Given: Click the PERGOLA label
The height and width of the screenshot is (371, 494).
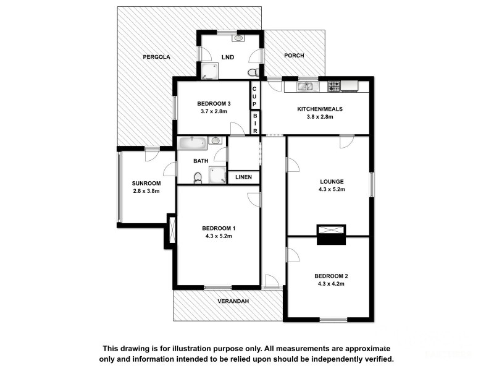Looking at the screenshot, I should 156,57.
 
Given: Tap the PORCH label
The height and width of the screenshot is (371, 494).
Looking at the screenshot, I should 293,56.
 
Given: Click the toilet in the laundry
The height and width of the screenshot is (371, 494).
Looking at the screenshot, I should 253,73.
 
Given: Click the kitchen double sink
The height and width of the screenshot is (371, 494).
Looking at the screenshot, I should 305,87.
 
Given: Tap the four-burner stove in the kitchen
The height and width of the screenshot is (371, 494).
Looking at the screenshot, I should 334,87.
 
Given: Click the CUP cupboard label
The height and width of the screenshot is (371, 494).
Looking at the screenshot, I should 254,96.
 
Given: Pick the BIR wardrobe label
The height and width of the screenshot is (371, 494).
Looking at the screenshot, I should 254,123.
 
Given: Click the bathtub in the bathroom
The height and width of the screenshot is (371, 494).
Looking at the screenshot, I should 194,143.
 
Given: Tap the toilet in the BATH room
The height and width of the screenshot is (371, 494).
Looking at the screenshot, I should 198,178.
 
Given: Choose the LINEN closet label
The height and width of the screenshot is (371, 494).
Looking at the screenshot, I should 244,177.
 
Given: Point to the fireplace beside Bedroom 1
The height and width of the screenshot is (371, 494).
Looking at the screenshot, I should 171,231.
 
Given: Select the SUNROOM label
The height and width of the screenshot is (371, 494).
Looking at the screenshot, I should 146,183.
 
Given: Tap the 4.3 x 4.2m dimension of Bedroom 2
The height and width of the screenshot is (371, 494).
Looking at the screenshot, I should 331,284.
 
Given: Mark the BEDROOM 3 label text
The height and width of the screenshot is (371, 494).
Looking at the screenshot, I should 214,103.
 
